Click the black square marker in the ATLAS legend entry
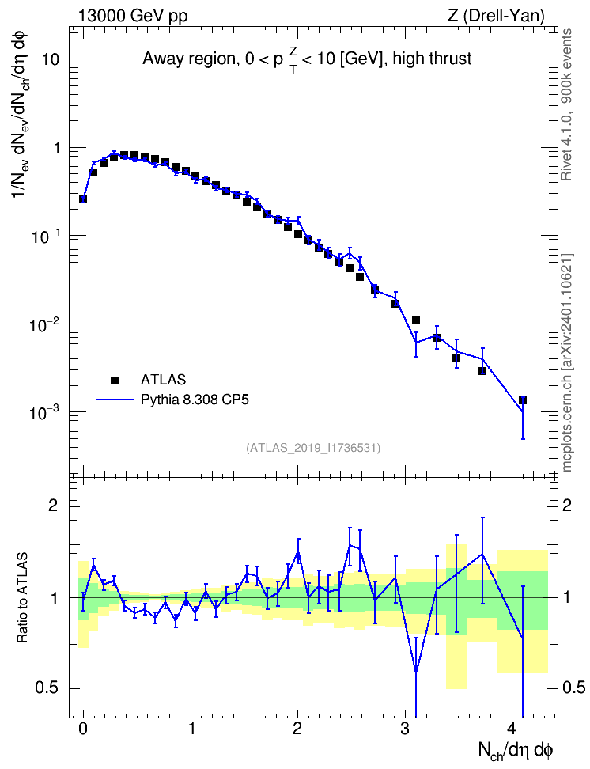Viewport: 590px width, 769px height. pos(115,380)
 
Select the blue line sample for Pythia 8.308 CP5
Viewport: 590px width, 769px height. pos(115,400)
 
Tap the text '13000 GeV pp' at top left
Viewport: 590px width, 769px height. pos(132,16)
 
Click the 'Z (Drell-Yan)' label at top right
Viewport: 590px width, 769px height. pos(496,16)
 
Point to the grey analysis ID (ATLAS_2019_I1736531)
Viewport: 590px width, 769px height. pos(313,447)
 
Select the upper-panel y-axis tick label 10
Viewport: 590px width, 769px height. pos(50,59)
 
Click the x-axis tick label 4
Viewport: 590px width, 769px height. pos(512,728)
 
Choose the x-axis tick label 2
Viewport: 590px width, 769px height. pos(297,728)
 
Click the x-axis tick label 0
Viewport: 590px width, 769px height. pos(83,728)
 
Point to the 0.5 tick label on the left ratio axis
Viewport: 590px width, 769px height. pos(47,688)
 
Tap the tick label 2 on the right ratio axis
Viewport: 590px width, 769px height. pos(567,506)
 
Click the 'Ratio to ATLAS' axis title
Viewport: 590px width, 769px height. pos(21,597)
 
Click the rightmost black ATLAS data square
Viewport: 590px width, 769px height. pos(523,400)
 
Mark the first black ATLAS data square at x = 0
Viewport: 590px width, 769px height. pos(83,199)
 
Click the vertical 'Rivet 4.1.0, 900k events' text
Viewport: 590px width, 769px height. pos(566,104)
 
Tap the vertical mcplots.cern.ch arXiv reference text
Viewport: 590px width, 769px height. pos(566,362)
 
